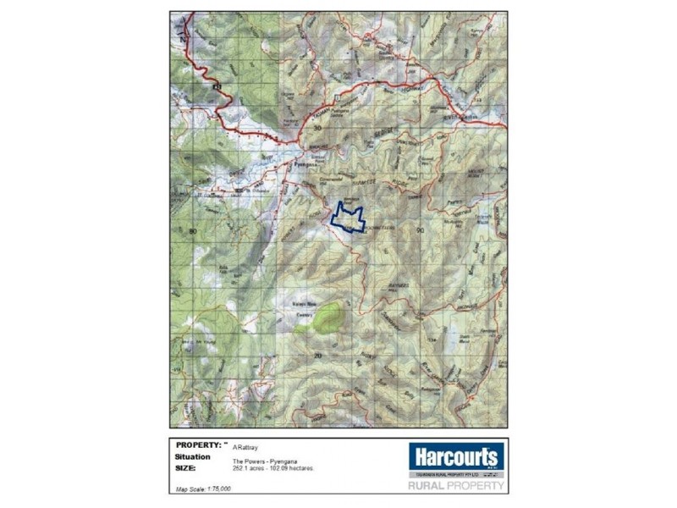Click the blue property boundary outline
click(347, 218)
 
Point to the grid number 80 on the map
click(193, 231)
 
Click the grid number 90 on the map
click(420, 230)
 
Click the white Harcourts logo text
click(456, 458)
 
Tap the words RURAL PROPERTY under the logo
click(456, 486)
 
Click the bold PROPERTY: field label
click(200, 444)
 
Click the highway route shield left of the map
click(217, 87)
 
